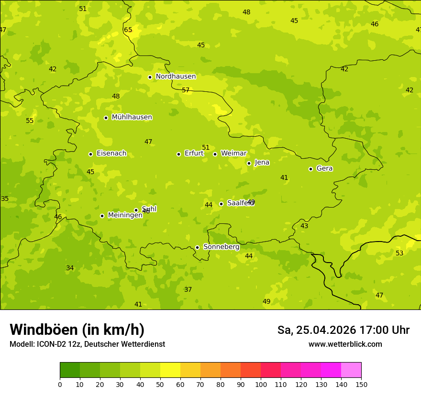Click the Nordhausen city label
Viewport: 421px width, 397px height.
click(x=176, y=77)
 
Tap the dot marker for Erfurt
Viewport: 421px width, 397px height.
click(x=178, y=154)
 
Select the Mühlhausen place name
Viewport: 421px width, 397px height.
click(x=132, y=117)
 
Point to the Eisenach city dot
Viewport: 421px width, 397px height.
click(x=90, y=154)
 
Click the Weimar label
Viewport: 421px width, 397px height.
click(x=233, y=154)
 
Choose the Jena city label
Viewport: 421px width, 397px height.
click(x=262, y=163)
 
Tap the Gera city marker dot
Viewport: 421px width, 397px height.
click(x=310, y=169)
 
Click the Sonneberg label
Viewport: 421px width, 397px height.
click(x=221, y=247)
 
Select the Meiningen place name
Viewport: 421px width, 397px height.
click(x=125, y=215)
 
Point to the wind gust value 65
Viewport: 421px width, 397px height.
click(x=128, y=30)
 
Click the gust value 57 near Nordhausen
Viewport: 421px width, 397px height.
click(x=186, y=90)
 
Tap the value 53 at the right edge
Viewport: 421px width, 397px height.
click(x=399, y=253)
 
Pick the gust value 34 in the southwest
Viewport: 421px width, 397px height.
click(x=70, y=268)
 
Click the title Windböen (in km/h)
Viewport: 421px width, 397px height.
click(x=77, y=330)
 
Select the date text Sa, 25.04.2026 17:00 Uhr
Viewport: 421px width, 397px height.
click(x=343, y=330)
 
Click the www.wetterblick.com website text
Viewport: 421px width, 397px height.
click(x=345, y=344)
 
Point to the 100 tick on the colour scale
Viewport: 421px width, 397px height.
click(x=261, y=384)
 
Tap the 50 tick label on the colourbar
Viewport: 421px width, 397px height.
click(x=160, y=384)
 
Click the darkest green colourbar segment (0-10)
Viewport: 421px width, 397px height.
click(x=70, y=370)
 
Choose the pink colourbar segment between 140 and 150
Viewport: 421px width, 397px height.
click(x=351, y=370)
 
